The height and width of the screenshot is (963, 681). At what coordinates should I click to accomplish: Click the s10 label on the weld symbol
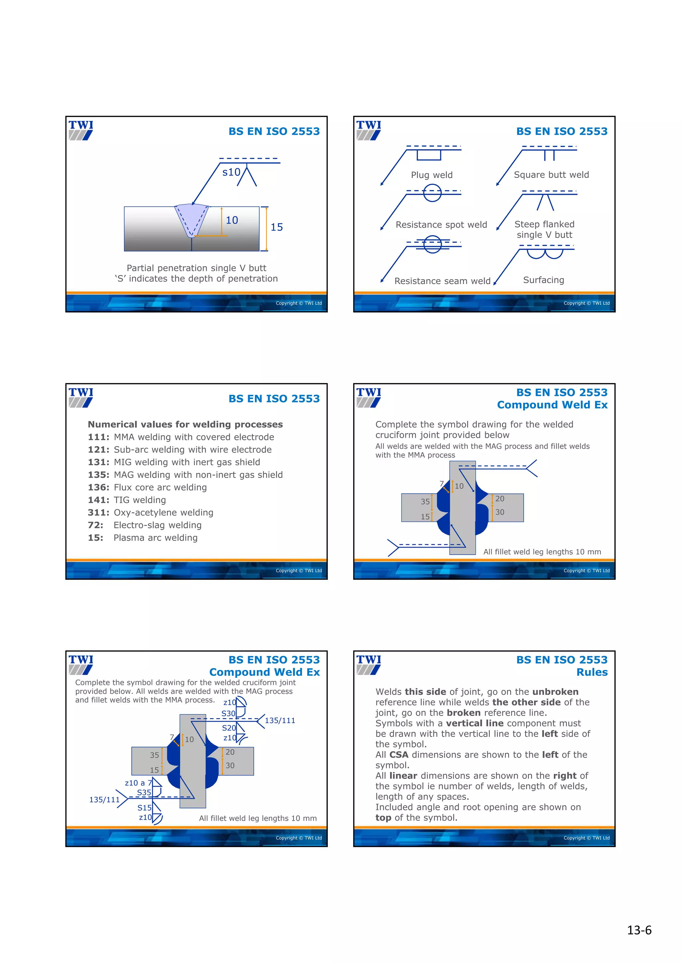click(231, 172)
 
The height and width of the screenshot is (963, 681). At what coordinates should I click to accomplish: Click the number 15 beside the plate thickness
click(277, 227)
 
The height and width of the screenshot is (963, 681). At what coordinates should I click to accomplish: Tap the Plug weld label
click(431, 175)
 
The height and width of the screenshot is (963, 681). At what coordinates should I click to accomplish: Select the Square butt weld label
click(551, 175)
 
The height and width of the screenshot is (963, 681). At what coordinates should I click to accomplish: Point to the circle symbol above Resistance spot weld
click(432, 193)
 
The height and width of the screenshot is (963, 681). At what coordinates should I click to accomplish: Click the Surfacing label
click(543, 280)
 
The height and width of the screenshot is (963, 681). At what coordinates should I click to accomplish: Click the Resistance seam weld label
click(442, 281)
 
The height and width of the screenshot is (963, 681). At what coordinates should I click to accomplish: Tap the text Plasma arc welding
click(155, 538)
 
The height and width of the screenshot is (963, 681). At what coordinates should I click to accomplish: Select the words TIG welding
click(140, 500)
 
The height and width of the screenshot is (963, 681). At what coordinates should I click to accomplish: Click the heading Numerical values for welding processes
click(185, 424)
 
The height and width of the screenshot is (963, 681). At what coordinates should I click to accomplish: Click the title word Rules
click(592, 672)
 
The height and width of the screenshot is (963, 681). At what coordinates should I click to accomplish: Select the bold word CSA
click(399, 755)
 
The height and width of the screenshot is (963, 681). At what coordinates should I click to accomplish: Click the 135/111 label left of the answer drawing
click(104, 800)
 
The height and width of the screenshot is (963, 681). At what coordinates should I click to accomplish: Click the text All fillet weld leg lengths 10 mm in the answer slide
click(258, 818)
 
